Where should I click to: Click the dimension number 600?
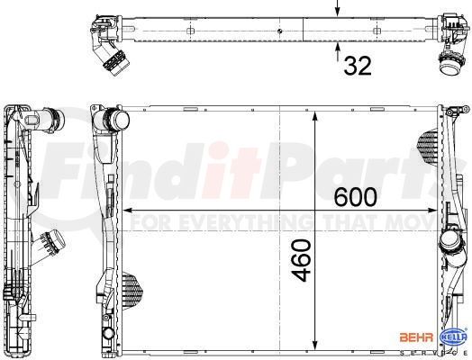click(x=356, y=197)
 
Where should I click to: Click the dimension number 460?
click(x=302, y=260)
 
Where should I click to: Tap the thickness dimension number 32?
click(x=358, y=66)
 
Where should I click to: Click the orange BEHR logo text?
click(x=416, y=337)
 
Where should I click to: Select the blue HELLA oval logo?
click(x=453, y=337)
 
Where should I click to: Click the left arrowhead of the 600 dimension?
click(x=128, y=211)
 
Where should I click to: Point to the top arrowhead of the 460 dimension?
click(x=315, y=116)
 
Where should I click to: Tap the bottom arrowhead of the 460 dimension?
click(x=315, y=344)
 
